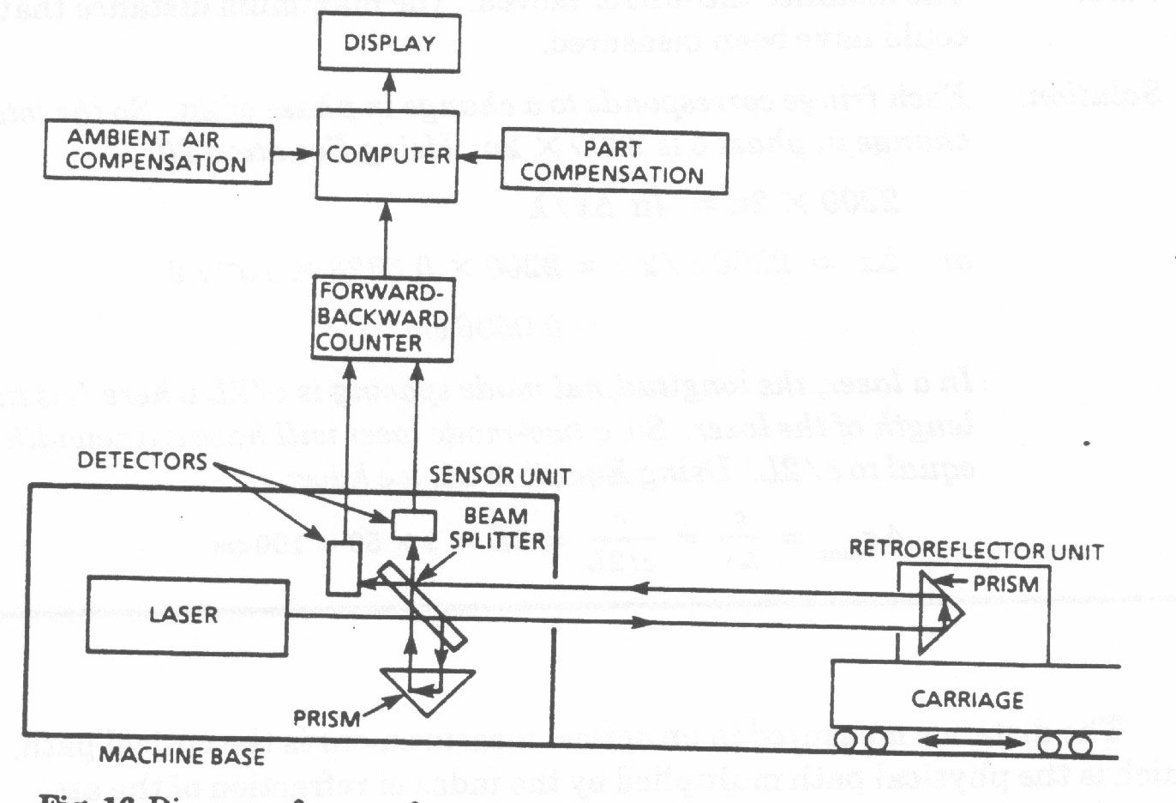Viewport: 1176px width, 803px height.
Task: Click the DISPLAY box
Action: pyautogui.click(x=389, y=43)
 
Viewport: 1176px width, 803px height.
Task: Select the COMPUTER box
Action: pyautogui.click(x=387, y=155)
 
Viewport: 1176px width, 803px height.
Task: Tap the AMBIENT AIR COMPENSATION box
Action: pyautogui.click(x=158, y=152)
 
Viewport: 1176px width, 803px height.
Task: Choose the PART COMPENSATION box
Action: pyautogui.click(x=614, y=162)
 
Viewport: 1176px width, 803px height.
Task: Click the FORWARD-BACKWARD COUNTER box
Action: pyautogui.click(x=382, y=317)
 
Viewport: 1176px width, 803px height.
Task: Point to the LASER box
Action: pyautogui.click(x=186, y=615)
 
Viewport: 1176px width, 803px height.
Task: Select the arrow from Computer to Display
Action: pyautogui.click(x=388, y=91)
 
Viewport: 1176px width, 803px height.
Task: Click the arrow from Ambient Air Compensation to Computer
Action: pyautogui.click(x=294, y=154)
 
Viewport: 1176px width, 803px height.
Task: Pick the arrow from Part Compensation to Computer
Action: pyautogui.click(x=479, y=158)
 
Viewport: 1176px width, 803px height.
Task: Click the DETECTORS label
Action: pyautogui.click(x=142, y=461)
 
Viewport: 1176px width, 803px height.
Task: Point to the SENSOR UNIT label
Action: pyautogui.click(x=500, y=475)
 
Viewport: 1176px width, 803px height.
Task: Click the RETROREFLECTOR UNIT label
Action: pyautogui.click(x=975, y=550)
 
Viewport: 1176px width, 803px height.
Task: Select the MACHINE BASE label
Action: pyautogui.click(x=182, y=756)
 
